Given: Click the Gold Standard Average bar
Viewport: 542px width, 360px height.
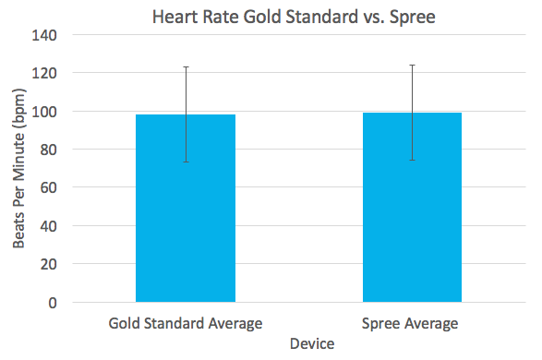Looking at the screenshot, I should (x=186, y=222).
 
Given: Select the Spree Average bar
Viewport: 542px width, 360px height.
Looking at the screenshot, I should (x=412, y=222).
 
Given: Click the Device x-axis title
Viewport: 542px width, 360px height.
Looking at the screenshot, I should (x=311, y=343).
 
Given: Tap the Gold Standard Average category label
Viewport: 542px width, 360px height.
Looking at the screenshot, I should (x=186, y=323).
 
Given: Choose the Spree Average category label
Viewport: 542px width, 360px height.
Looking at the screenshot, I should (x=412, y=323).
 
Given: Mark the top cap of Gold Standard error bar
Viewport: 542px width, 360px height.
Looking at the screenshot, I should (x=186, y=66).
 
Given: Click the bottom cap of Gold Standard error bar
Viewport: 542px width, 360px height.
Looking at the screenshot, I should (x=186, y=162).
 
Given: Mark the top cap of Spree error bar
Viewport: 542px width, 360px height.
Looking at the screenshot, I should (x=412, y=65).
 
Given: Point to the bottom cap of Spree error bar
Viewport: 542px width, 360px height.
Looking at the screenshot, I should (x=412, y=160).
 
